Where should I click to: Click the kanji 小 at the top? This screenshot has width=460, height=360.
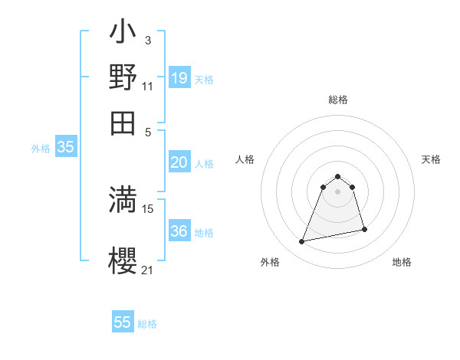[x=123, y=35]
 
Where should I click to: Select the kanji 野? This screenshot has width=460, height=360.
[x=123, y=77]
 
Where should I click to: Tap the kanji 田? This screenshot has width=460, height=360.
[x=123, y=122]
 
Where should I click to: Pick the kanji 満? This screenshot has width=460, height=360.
[x=123, y=198]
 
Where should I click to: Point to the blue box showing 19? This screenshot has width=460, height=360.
[x=179, y=77]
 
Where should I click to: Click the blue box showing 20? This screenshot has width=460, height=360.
[x=179, y=162]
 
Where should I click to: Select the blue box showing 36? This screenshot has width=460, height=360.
[x=179, y=231]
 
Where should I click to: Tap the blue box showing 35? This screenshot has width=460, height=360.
[x=65, y=147]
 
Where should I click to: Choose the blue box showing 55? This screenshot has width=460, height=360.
[x=123, y=322]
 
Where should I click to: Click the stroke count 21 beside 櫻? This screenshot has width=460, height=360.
[x=148, y=270]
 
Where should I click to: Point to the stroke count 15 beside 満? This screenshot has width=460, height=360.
[x=148, y=208]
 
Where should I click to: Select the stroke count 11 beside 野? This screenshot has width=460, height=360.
[x=148, y=87]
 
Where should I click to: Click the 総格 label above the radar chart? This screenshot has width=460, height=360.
[x=338, y=100]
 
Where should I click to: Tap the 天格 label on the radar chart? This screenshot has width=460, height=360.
[x=431, y=159]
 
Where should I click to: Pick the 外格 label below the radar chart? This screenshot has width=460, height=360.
[x=270, y=262]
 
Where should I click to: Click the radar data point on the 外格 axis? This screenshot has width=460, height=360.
[x=302, y=241]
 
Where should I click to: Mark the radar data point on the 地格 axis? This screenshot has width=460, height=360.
[x=364, y=229]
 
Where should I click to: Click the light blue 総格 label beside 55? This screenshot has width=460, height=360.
[x=147, y=324]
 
